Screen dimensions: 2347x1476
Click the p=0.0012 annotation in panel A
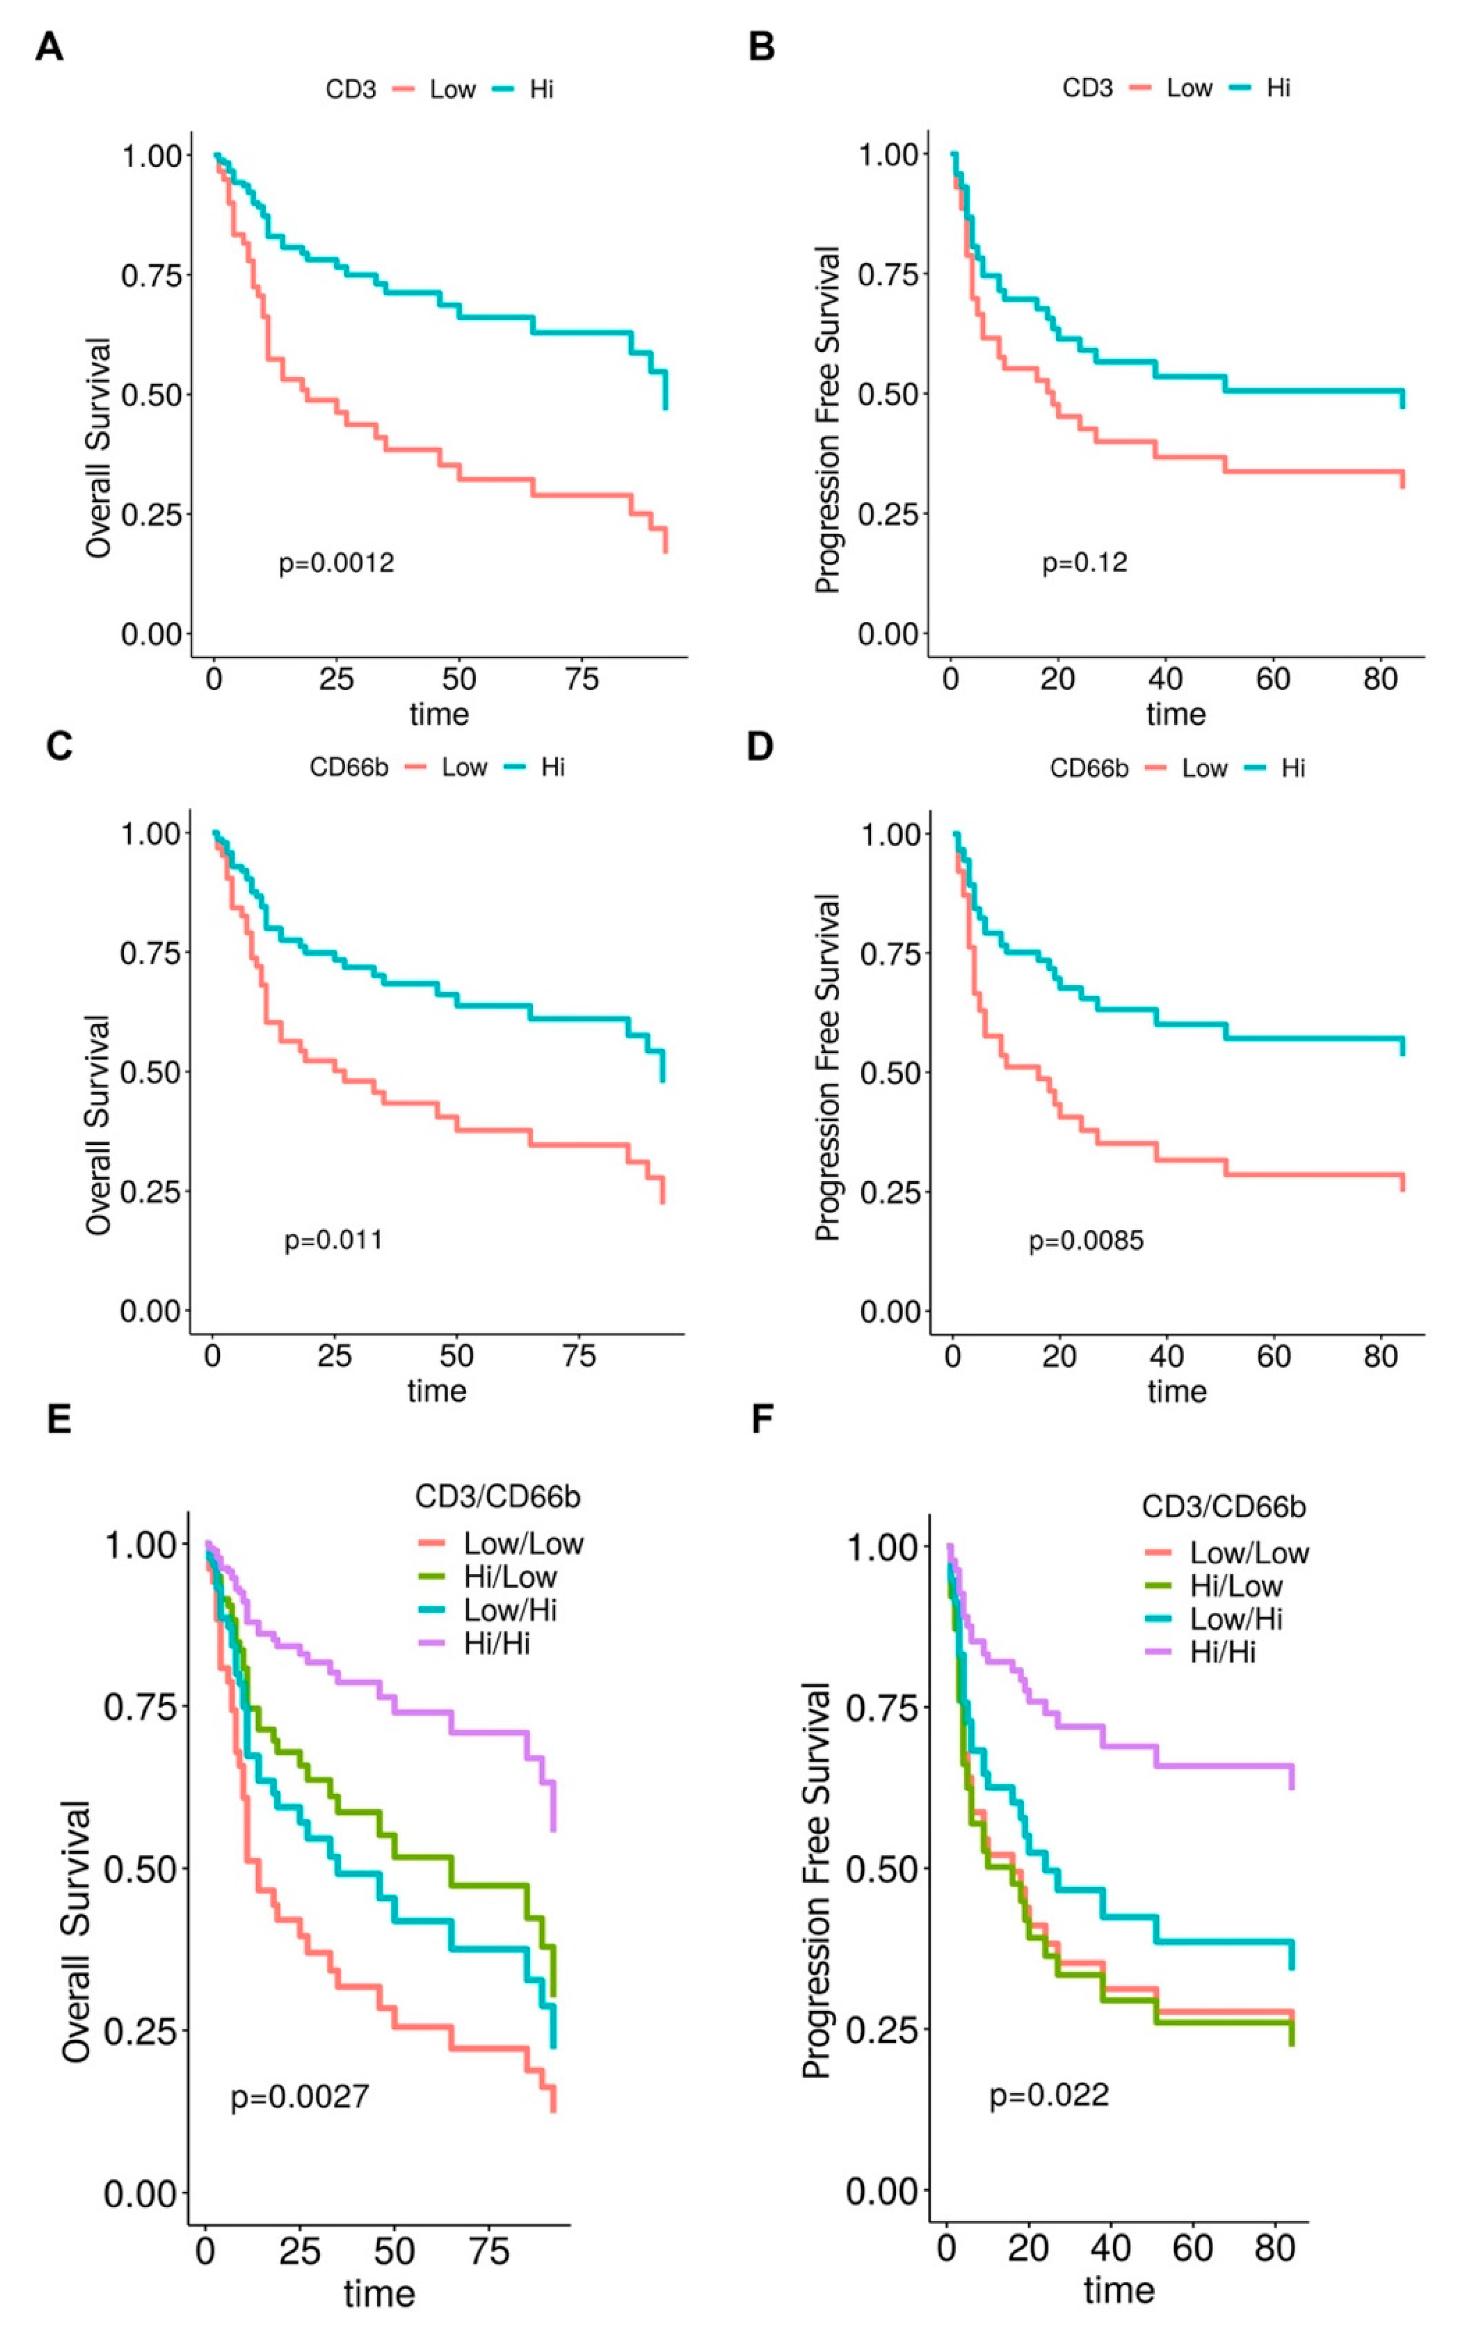[337, 562]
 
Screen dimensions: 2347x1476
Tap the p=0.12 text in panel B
[1084, 562]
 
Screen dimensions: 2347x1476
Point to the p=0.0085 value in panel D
[1086, 1241]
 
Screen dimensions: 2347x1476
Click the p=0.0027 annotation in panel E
[299, 2095]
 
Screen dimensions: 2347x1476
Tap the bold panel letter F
[761, 1419]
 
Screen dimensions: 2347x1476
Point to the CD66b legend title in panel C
[349, 768]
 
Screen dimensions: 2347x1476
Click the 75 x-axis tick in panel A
[581, 679]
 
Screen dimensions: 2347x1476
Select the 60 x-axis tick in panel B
[1273, 679]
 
